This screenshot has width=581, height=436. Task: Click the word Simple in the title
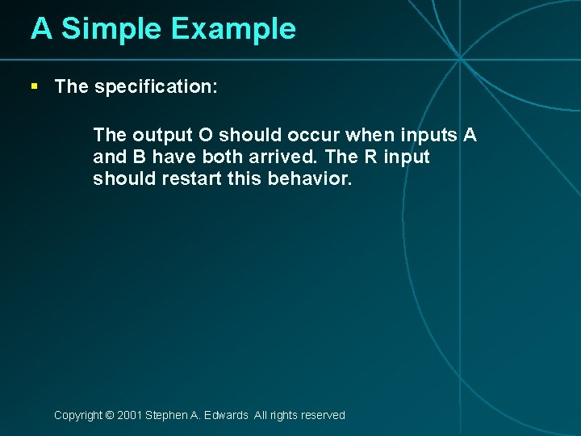111,29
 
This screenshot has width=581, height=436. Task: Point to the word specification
156,87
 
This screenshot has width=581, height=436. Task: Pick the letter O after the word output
206,135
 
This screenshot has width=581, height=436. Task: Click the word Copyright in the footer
77,415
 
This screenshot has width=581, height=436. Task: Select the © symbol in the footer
109,415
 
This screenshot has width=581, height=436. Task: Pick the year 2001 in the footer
129,415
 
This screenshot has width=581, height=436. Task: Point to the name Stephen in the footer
166,415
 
